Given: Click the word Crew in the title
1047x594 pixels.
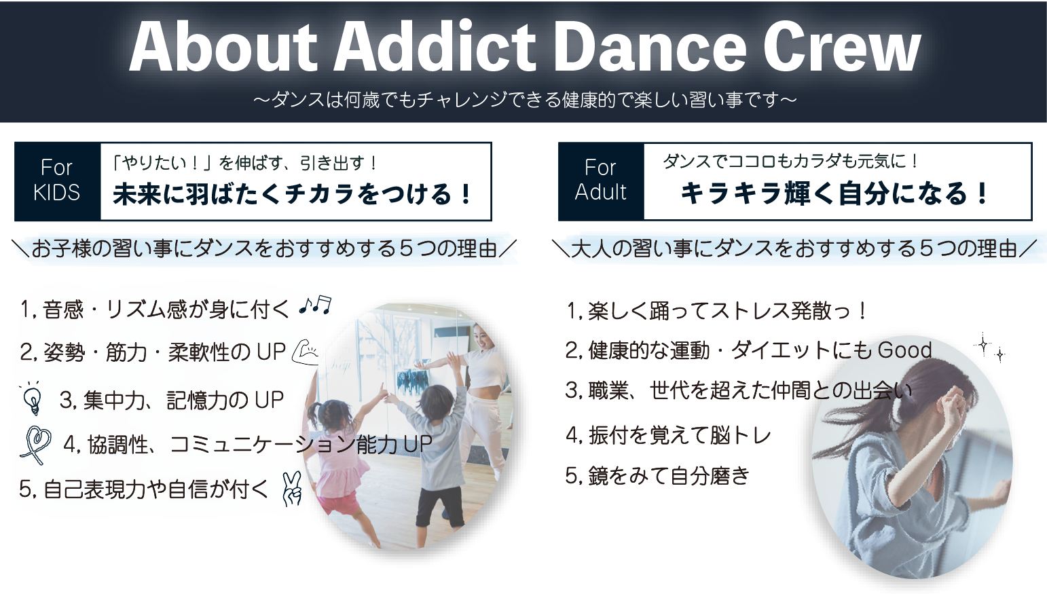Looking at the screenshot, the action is (841, 49).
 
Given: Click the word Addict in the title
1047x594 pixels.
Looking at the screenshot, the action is (435, 48).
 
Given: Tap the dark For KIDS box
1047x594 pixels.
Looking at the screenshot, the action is (58, 181).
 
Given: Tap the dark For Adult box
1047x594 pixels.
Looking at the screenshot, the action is (601, 181).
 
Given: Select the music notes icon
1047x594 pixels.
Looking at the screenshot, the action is (316, 305).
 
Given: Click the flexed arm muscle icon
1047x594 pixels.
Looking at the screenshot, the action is (306, 352).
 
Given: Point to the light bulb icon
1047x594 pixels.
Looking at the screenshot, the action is (33, 398).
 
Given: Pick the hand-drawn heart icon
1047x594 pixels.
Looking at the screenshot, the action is (37, 445).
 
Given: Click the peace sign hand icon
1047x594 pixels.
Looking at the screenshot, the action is (292, 489).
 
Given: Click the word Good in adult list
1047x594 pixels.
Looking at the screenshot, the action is (905, 350).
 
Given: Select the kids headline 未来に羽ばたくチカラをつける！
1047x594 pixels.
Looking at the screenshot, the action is (293, 194).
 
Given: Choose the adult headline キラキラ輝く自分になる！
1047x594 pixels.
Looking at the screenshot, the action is (834, 193).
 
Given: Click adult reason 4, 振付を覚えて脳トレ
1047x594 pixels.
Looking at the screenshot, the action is (668, 436).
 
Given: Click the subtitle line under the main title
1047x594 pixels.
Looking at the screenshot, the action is (525, 100).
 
